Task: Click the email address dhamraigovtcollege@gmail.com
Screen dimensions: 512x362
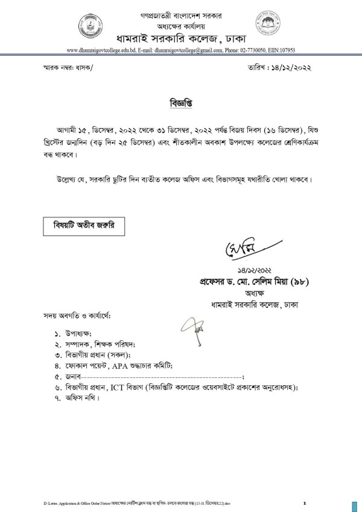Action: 191,51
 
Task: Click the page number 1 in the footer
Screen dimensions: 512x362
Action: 305,503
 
